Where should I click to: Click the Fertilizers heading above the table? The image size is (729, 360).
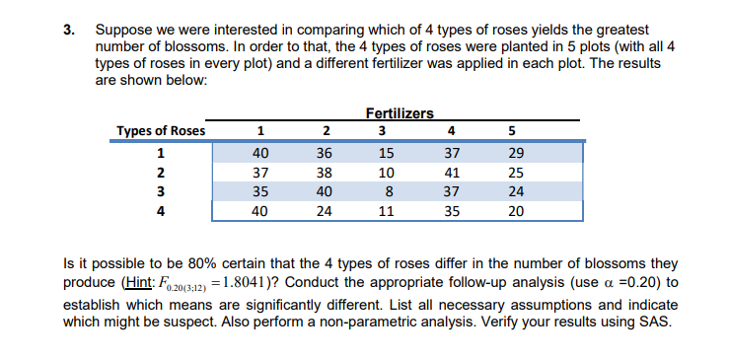(x=399, y=115)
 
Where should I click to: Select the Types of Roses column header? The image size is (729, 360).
(x=161, y=132)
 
